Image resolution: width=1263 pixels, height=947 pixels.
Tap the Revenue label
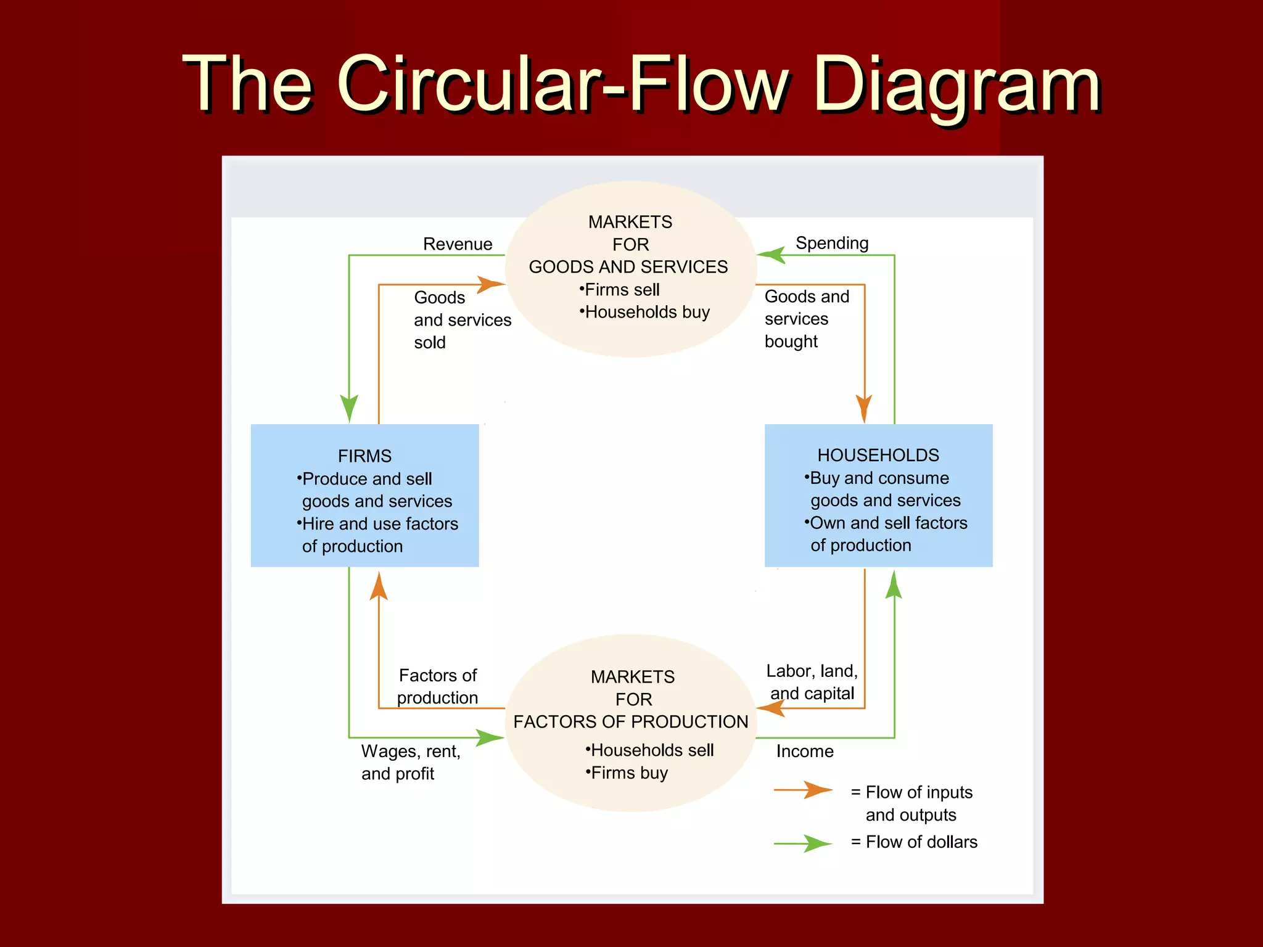(x=457, y=244)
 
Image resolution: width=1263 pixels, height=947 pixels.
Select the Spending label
(x=832, y=243)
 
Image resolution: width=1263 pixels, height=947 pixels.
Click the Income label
(x=804, y=751)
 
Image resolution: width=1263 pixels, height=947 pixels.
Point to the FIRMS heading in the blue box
(x=364, y=456)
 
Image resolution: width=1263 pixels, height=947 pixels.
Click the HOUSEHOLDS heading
(x=878, y=455)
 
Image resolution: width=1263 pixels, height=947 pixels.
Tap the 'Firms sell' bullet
(x=620, y=290)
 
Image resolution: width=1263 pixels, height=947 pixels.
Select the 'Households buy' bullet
(x=645, y=312)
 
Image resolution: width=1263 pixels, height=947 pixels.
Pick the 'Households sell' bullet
(x=650, y=750)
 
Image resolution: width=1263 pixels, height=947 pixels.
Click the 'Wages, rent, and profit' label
(x=410, y=763)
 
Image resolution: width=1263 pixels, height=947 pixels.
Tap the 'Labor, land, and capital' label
(x=812, y=682)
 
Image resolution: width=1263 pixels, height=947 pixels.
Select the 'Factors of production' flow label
(x=437, y=686)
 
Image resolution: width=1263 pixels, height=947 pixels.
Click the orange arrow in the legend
(x=804, y=790)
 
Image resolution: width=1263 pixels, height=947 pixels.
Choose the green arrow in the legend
(x=804, y=843)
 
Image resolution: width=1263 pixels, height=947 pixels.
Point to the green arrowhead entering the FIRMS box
(x=349, y=409)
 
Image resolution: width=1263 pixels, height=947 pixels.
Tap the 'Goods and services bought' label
(x=805, y=319)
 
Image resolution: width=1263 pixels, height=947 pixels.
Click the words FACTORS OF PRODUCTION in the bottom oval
(x=630, y=722)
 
